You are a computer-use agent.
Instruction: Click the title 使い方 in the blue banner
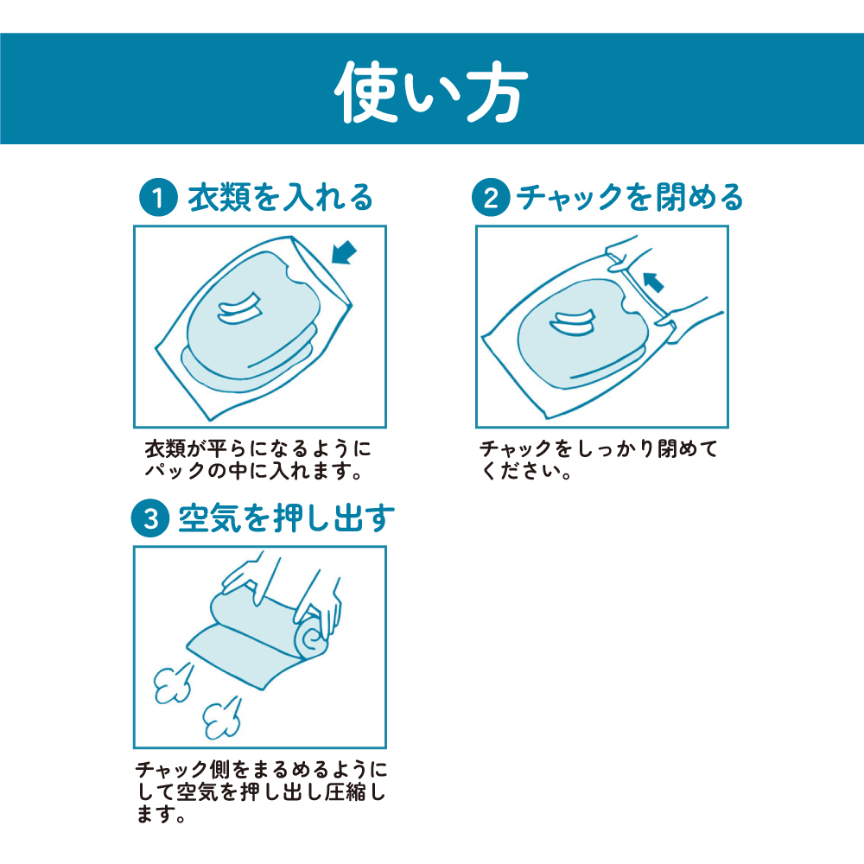(x=431, y=92)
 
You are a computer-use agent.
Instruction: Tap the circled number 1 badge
(x=158, y=197)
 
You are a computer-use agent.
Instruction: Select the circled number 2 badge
(x=491, y=197)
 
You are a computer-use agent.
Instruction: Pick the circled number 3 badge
(x=149, y=518)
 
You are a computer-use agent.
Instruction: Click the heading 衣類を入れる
(x=281, y=197)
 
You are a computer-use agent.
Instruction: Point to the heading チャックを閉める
(x=629, y=197)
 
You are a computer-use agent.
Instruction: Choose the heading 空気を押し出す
(x=287, y=518)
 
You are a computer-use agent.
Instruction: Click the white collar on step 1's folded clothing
(x=239, y=308)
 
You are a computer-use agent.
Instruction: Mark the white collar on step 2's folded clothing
(x=573, y=321)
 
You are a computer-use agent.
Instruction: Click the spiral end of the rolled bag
(x=312, y=639)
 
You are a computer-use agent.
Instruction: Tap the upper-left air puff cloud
(x=174, y=683)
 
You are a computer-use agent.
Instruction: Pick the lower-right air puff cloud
(x=222, y=718)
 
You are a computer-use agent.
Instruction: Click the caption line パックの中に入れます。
(x=253, y=471)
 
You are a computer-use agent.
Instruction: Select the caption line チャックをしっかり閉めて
(x=599, y=448)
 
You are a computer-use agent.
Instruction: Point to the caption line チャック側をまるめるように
(x=261, y=769)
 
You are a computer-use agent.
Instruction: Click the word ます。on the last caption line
(x=161, y=814)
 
